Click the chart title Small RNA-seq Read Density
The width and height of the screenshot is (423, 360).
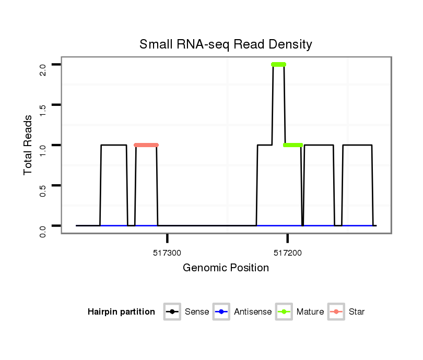pos(226,44)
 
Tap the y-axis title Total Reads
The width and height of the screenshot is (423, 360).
pos(29,145)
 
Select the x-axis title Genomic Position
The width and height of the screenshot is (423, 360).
pos(226,268)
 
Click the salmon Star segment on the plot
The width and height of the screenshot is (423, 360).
pos(146,145)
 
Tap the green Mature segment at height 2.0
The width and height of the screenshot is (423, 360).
pos(278,64)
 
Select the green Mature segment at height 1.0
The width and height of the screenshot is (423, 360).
pos(293,145)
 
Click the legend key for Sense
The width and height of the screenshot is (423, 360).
pos(172,312)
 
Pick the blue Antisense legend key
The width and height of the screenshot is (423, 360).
pos(221,312)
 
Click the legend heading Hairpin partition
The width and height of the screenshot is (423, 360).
pos(121,312)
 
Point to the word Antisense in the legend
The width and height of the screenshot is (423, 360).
pos(253,312)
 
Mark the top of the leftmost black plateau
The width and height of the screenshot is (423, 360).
pos(114,145)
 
